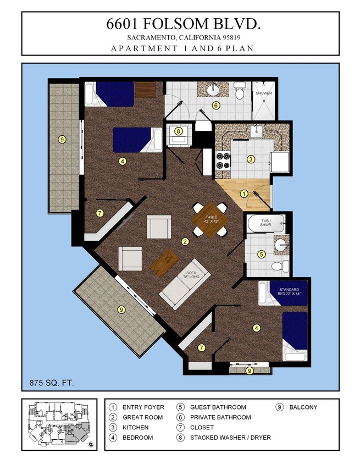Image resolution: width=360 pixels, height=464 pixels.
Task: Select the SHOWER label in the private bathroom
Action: click(x=264, y=93)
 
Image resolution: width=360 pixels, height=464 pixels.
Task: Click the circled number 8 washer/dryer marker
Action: click(x=178, y=131)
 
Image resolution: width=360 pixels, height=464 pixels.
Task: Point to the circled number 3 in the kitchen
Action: click(x=251, y=159)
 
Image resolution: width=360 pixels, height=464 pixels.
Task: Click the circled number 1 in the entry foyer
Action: click(x=244, y=194)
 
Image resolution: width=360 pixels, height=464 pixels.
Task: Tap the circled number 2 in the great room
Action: click(x=185, y=241)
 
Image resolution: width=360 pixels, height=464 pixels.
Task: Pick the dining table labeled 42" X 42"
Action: click(x=211, y=219)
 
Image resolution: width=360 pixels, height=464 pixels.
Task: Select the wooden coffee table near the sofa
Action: click(x=163, y=263)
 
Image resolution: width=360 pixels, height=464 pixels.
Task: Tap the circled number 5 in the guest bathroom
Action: click(x=262, y=255)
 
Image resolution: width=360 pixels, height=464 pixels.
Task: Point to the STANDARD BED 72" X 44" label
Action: click(x=289, y=291)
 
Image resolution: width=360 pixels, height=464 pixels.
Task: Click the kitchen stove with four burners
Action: click(x=223, y=159)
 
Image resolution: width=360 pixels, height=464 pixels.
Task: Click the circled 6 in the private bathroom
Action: click(x=216, y=106)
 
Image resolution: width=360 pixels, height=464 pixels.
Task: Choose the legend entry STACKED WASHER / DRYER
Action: click(x=230, y=438)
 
